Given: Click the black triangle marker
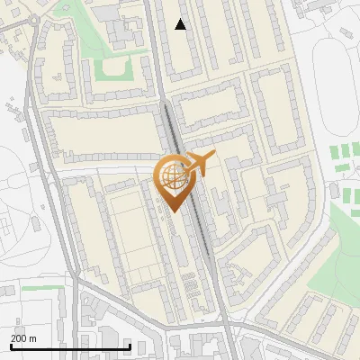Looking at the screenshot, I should tap(181, 24).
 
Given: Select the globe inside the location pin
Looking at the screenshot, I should tap(174, 175).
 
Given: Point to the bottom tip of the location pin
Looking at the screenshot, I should tap(174, 212).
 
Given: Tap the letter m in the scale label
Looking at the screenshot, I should tap(33, 337).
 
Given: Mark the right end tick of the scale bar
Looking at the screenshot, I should tap(130, 345).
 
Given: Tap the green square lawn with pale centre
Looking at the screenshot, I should tap(115, 69).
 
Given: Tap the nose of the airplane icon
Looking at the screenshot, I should tap(213, 155).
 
